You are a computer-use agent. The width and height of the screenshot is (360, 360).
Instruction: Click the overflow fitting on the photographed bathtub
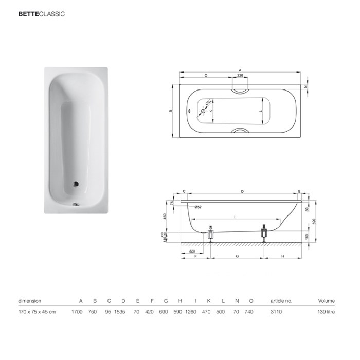(x=76, y=203)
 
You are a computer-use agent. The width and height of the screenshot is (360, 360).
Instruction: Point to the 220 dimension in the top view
(x=240, y=75)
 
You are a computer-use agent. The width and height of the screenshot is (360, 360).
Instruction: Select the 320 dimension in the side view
(x=192, y=251)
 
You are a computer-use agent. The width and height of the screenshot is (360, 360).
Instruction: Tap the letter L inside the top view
(x=261, y=111)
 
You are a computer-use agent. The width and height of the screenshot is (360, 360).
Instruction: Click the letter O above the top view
(x=206, y=75)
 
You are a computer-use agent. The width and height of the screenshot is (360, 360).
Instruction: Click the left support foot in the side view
(x=210, y=234)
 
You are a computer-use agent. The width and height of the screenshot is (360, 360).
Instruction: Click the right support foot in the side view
(x=264, y=234)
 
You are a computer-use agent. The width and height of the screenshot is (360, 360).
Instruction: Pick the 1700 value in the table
(x=78, y=312)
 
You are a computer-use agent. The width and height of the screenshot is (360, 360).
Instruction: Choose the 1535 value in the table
(x=123, y=312)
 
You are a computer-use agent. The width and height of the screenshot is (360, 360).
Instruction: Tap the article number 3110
(x=277, y=312)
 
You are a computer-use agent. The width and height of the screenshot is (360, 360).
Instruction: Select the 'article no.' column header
(x=281, y=301)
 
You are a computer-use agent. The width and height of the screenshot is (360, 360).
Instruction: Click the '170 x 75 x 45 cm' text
(x=37, y=312)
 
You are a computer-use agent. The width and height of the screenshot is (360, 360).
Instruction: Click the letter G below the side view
(x=237, y=256)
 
